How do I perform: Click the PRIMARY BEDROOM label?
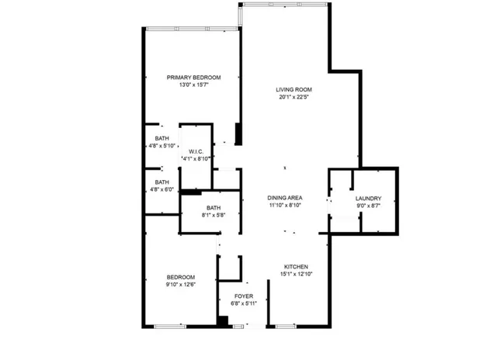[194, 77]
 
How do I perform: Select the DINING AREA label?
[285, 198]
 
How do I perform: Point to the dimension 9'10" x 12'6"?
[180, 285]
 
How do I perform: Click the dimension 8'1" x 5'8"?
[213, 215]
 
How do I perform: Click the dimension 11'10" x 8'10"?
[285, 206]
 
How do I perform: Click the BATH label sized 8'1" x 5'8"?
[213, 207]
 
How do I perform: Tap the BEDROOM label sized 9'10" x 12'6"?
[180, 277]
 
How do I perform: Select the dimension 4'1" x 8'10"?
[196, 158]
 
